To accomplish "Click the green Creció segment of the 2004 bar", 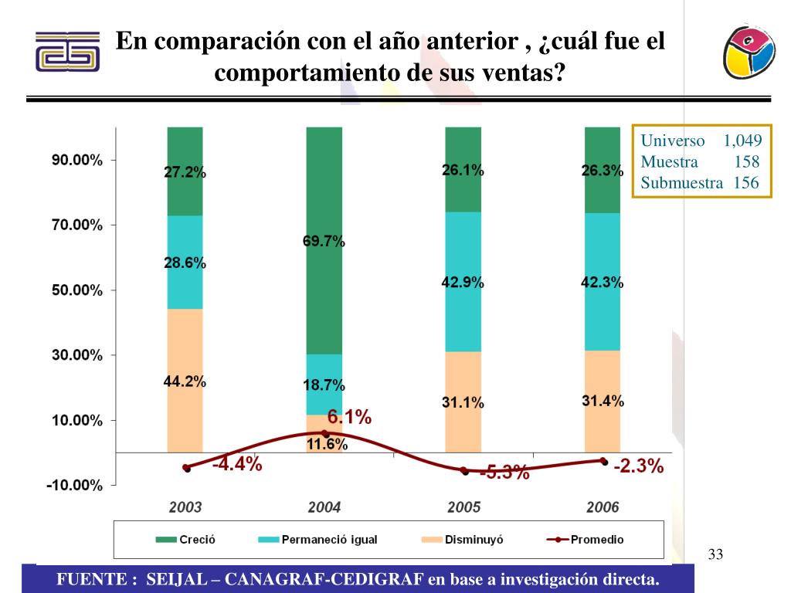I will (x=324, y=193).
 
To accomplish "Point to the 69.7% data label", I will (x=324, y=242).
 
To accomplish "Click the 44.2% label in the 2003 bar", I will (x=185, y=381).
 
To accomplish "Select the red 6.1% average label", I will (x=349, y=418).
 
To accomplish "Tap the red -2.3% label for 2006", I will (x=639, y=466).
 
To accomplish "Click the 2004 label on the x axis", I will (x=324, y=507).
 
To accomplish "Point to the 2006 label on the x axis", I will (x=603, y=507).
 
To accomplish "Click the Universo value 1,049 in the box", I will (x=742, y=141).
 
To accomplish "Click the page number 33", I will (x=715, y=554).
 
